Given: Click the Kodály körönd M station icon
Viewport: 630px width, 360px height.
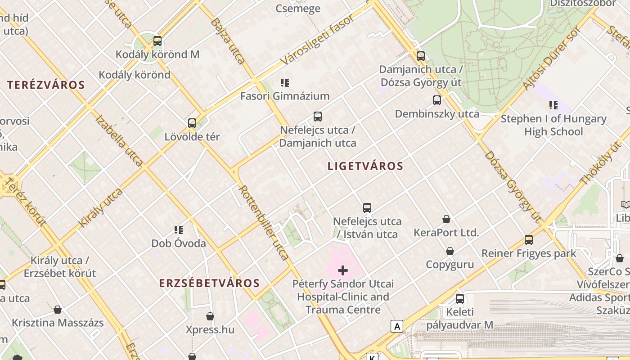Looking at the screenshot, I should click(157, 41).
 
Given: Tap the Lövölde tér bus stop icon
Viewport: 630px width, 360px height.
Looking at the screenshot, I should click(192, 123).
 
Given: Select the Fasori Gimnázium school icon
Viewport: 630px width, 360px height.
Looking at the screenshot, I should click(284, 82).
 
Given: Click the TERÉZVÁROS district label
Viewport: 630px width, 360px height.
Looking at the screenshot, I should click(46, 85).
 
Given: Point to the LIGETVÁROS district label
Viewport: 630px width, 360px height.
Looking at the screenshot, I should click(365, 166).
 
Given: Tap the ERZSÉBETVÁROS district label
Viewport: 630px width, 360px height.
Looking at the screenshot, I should click(209, 283).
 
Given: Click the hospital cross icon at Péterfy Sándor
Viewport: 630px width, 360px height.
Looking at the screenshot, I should click(343, 270).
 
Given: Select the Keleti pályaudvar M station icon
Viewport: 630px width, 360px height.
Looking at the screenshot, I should click(459, 298).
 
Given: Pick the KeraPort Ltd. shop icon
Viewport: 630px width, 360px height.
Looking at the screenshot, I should click(446, 219).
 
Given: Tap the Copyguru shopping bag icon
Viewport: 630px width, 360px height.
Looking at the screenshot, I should click(450, 251).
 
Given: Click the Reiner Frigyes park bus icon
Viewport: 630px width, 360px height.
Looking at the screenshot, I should click(529, 239).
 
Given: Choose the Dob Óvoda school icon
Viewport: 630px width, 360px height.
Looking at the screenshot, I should click(179, 230).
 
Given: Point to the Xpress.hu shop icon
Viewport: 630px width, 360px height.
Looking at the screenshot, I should click(210, 316).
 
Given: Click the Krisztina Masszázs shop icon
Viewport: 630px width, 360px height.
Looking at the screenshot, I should click(58, 310).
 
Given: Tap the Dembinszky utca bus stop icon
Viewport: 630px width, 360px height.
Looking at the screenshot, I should click(436, 100).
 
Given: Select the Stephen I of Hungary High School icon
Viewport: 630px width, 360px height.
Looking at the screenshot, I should click(553, 105).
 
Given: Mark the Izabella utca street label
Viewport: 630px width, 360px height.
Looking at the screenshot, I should click(119, 140).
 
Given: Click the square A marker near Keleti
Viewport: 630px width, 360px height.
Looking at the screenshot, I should click(396, 326).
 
